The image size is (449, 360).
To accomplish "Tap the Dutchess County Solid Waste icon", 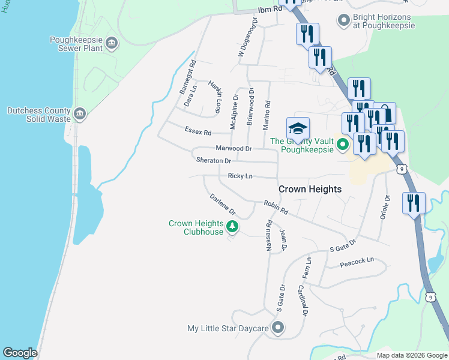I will click(x=81, y=114).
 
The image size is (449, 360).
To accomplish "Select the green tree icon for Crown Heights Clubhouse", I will click(x=233, y=227).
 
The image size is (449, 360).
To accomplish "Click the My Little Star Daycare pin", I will click(x=277, y=328).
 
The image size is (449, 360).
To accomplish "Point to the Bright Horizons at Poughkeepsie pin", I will click(x=344, y=21).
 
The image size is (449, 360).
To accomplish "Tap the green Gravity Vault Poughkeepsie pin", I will click(x=343, y=145).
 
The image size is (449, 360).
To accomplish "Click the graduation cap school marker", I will click(x=298, y=129).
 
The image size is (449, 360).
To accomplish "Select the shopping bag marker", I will click(x=384, y=114).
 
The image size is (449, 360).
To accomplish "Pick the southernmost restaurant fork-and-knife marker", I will click(x=414, y=203).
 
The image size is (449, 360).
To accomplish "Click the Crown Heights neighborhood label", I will click(x=310, y=189).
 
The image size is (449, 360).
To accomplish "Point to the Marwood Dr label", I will click(x=233, y=148).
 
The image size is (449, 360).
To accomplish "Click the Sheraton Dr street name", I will click(x=213, y=161).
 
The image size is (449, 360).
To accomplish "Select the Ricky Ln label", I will click(x=240, y=176).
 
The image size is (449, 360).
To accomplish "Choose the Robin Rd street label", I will click(x=276, y=208).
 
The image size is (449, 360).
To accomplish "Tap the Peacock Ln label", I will click(x=357, y=260).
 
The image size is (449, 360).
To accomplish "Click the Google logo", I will click(x=20, y=353).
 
